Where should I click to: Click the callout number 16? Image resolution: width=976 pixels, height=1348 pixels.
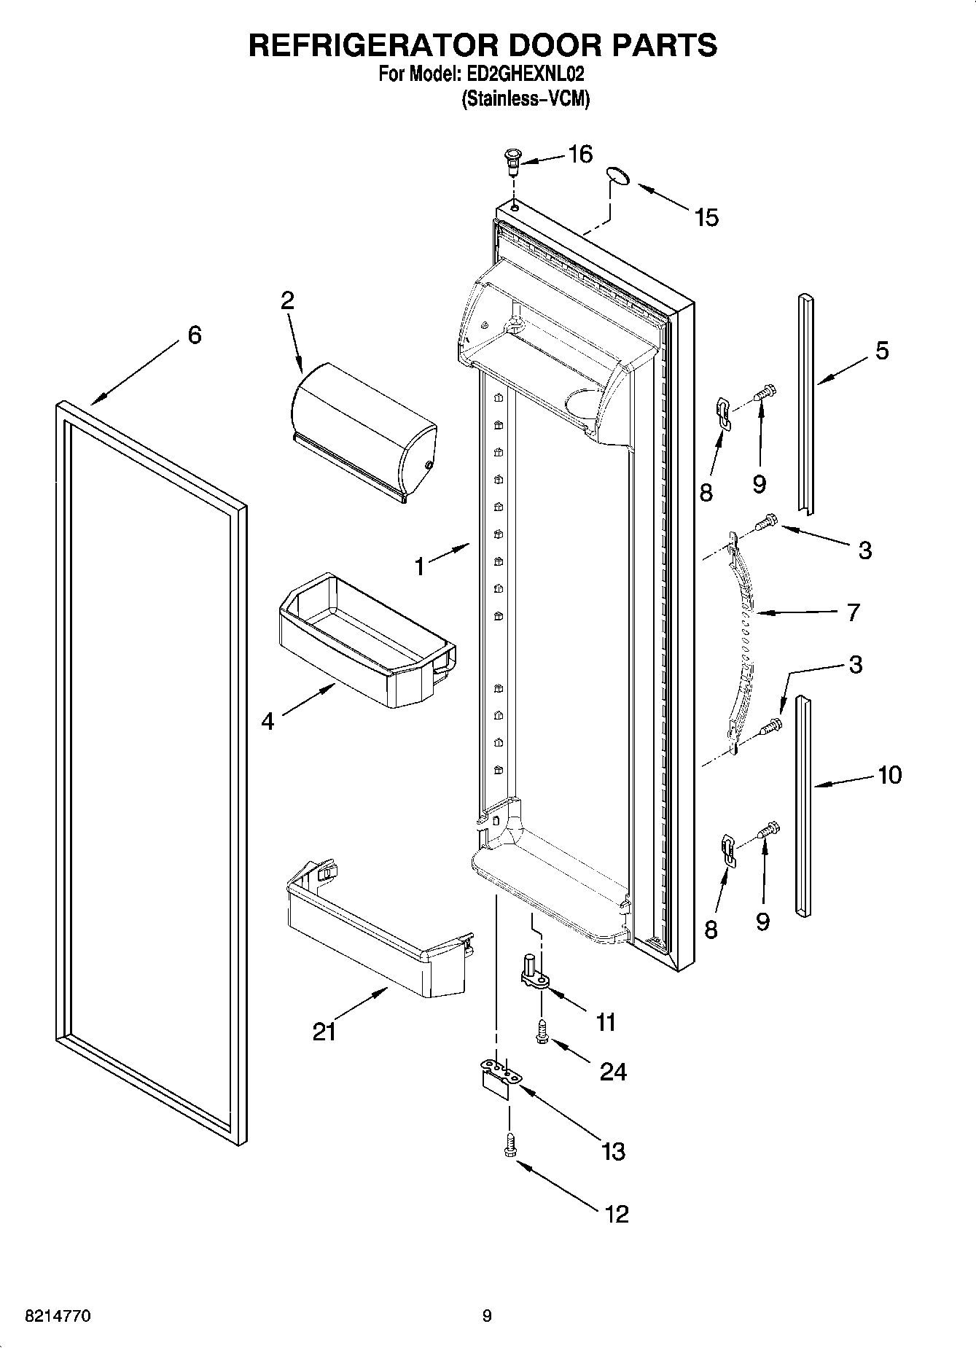tap(580, 154)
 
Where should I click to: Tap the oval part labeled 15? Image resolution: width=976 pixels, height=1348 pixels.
tap(617, 176)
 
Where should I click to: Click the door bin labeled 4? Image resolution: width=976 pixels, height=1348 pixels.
tap(367, 639)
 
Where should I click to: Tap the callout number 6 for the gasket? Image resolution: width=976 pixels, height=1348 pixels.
tap(194, 335)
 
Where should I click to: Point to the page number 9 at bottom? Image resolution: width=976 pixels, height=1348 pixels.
tap(487, 1316)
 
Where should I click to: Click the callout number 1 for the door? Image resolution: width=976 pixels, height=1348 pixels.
tap(420, 566)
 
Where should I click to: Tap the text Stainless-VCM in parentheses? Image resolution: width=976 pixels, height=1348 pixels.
tap(525, 98)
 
